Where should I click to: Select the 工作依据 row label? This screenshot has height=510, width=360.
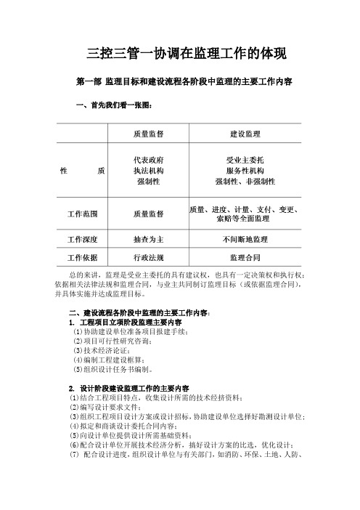click(x=83, y=258)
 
